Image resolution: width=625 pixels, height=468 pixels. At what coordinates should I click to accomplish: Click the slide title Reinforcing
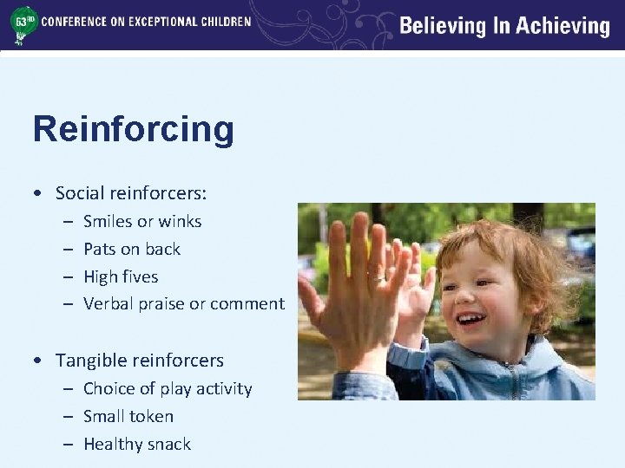coord(133,130)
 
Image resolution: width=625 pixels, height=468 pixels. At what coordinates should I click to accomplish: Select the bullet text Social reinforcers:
coord(130,192)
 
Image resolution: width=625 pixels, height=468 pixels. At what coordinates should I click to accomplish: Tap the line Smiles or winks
coord(142,222)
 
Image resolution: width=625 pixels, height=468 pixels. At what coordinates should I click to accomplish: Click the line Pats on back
coord(132,250)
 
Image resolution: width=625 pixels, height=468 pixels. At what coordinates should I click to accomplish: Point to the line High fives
coord(121,277)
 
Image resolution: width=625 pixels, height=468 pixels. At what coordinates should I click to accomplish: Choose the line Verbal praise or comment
coord(184,304)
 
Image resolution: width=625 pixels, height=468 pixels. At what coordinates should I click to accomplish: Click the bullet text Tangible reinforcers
coord(139,361)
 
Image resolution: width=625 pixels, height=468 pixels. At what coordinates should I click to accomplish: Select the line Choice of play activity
coord(168,389)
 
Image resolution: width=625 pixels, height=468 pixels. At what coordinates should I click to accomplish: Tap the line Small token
coord(128,417)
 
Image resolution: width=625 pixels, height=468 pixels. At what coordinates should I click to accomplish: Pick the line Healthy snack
coord(137,445)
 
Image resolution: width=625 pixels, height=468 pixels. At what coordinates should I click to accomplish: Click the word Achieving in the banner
coord(562,26)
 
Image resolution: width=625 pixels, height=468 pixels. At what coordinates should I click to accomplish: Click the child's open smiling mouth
coord(470,318)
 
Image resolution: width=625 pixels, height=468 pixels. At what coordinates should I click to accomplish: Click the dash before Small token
coord(69,417)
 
